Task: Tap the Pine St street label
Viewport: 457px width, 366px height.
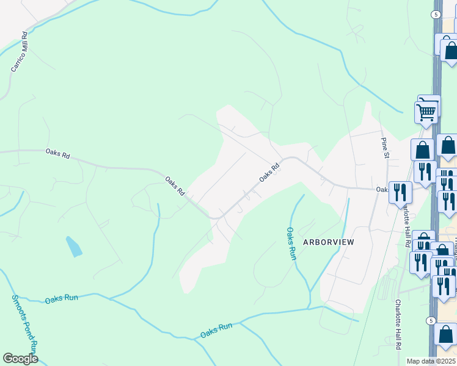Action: pyautogui.click(x=385, y=147)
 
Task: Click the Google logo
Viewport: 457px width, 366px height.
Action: pyautogui.click(x=21, y=359)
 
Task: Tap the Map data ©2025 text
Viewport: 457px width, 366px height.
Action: pyautogui.click(x=431, y=361)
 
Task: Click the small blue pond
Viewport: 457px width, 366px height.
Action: pyautogui.click(x=73, y=246)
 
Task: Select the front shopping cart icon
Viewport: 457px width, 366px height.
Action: pyautogui.click(x=426, y=112)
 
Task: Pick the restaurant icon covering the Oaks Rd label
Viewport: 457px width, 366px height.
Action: pyautogui.click(x=400, y=192)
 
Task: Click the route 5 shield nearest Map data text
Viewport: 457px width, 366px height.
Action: pyautogui.click(x=431, y=320)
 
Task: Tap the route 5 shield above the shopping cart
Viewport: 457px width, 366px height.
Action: pyautogui.click(x=436, y=14)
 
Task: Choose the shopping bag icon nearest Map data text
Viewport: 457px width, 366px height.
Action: pyautogui.click(x=446, y=334)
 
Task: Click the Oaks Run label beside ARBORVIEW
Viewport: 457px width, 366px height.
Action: pyautogui.click(x=292, y=243)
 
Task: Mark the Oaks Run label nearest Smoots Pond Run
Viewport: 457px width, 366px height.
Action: pyautogui.click(x=62, y=298)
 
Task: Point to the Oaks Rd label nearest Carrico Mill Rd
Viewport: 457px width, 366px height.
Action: pyautogui.click(x=57, y=154)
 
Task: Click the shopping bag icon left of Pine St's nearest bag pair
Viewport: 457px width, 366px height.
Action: pyautogui.click(x=422, y=149)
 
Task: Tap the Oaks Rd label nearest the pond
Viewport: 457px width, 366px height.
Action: pyautogui.click(x=174, y=185)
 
